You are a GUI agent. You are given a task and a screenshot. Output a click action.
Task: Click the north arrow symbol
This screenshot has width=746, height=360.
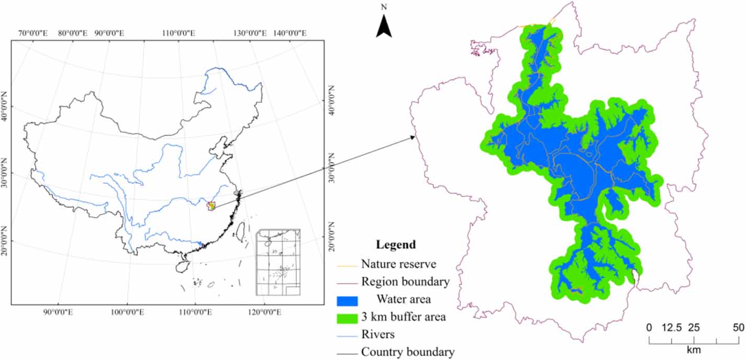(384, 26)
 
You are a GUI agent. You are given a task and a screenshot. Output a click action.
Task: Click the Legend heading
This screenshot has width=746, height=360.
(396, 244)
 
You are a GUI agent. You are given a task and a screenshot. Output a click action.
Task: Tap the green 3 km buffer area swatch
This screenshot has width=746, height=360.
(347, 317)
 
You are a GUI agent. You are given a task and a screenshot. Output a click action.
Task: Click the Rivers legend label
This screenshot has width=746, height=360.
(377, 334)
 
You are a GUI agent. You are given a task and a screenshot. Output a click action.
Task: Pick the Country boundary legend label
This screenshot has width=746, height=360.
(408, 352)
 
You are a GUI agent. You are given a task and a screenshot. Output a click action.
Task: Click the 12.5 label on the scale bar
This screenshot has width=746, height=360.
(671, 328)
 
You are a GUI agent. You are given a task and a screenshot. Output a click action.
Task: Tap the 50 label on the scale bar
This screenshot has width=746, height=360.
(738, 328)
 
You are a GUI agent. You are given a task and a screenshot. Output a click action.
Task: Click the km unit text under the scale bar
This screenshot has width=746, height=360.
(694, 350)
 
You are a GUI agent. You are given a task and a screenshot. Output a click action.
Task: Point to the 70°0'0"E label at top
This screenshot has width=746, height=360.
(34, 33)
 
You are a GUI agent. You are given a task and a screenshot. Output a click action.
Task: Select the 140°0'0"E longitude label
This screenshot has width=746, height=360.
(290, 33)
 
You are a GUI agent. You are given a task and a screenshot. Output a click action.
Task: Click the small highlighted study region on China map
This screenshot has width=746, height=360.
(211, 206)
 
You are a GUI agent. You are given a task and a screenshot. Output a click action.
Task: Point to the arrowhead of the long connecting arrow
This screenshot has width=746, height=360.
(416, 137)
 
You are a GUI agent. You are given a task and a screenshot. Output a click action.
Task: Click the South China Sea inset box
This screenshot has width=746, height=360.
(277, 262)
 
